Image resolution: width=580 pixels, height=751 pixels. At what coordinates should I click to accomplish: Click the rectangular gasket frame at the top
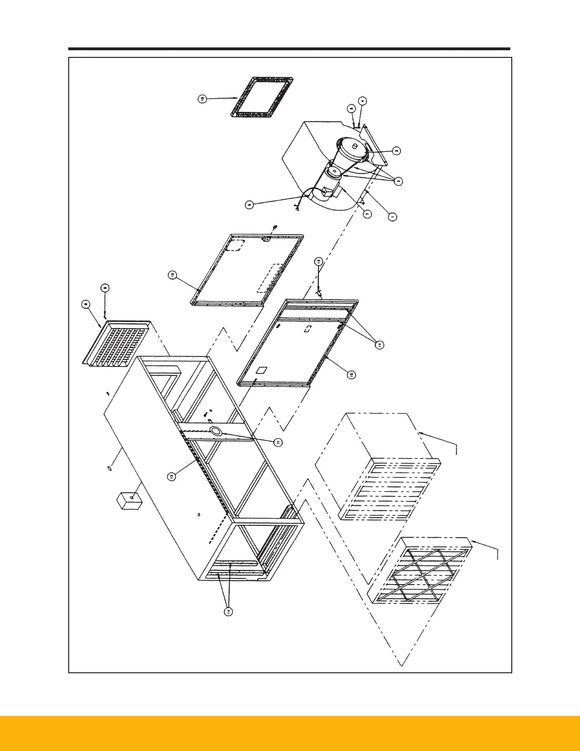click(x=262, y=97)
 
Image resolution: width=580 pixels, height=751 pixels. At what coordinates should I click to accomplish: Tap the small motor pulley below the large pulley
click(x=334, y=171)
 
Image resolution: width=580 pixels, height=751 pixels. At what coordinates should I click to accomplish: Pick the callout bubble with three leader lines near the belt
click(x=399, y=181)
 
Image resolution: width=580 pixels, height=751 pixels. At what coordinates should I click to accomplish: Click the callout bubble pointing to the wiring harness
click(x=250, y=205)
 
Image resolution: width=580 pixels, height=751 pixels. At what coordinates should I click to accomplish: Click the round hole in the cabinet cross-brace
click(x=216, y=431)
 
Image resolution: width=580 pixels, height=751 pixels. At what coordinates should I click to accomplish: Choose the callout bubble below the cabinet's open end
click(x=228, y=612)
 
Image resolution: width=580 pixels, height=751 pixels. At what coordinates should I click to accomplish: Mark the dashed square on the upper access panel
click(x=235, y=245)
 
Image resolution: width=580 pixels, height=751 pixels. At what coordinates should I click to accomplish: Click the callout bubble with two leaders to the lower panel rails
click(x=379, y=345)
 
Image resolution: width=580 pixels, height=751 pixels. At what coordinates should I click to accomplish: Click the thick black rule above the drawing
click(x=289, y=49)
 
